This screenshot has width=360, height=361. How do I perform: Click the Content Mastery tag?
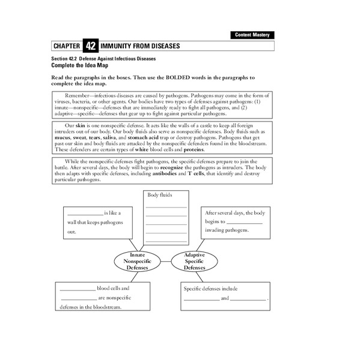coord(252,35)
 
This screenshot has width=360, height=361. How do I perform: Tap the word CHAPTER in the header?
coord(67,46)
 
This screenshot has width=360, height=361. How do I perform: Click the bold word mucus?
coord(63,137)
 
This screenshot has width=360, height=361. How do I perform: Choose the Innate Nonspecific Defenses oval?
coord(136,261)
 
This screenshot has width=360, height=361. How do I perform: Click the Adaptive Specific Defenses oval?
coord(194,261)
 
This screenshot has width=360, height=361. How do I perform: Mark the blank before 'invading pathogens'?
coord(245,223)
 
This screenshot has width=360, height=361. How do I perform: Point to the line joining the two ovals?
coord(165,261)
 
